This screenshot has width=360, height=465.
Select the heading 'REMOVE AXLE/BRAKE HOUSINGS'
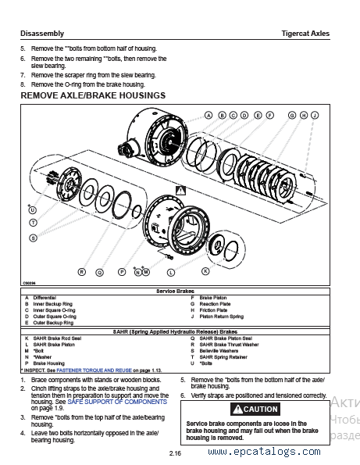click(x=92, y=95)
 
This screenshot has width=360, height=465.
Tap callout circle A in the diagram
click(x=209, y=115)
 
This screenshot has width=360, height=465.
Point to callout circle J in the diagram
click(x=315, y=115)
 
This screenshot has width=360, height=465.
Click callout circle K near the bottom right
click(x=205, y=271)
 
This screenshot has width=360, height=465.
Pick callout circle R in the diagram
click(x=81, y=272)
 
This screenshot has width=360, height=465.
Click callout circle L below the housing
click(x=170, y=272)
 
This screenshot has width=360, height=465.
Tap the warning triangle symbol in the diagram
click(x=181, y=190)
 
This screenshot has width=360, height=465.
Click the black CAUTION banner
click(x=251, y=409)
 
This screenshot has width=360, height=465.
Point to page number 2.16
click(x=175, y=453)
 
